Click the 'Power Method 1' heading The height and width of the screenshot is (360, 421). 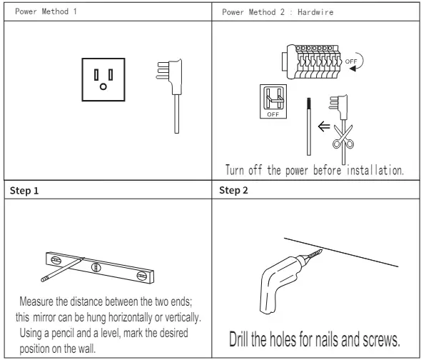pyautogui.click(x=46, y=11)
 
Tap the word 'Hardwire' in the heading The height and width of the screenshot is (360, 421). pyautogui.click(x=315, y=12)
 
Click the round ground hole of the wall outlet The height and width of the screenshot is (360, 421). pyautogui.click(x=103, y=86)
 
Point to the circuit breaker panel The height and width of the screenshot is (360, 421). pyautogui.click(x=311, y=62)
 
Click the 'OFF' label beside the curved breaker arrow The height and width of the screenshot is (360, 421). pyautogui.click(x=351, y=61)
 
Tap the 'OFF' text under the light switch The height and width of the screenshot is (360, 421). pyautogui.click(x=273, y=114)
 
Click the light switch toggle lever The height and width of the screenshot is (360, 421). pyautogui.click(x=273, y=100)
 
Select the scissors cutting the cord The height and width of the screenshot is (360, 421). pyautogui.click(x=343, y=136)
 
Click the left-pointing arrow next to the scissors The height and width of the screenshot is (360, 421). pyautogui.click(x=324, y=126)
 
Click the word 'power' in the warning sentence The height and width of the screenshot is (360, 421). pyautogui.click(x=297, y=171)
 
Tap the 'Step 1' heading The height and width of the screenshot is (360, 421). pyautogui.click(x=24, y=191)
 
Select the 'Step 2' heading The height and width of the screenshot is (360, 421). pyautogui.click(x=233, y=190)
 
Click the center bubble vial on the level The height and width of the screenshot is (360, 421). pyautogui.click(x=96, y=267)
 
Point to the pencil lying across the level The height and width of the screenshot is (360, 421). pyautogui.click(x=63, y=270)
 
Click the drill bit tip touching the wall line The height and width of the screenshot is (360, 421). pyautogui.click(x=322, y=250)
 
